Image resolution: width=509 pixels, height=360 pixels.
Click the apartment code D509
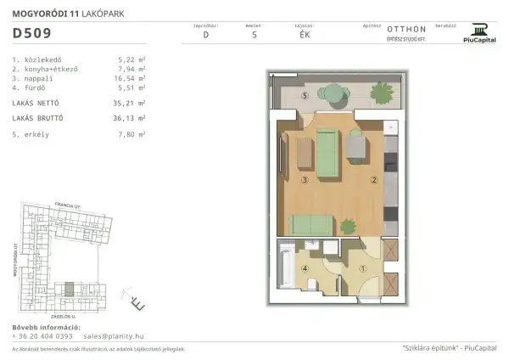[x=31, y=34]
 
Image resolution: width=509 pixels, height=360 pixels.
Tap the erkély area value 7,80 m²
[x=132, y=134]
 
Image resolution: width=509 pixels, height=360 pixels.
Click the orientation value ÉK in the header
[x=304, y=36]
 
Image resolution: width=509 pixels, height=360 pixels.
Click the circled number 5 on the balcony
[x=305, y=96]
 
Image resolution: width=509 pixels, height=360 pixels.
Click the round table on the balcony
[x=333, y=96]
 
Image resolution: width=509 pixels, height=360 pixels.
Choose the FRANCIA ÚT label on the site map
[x=66, y=205]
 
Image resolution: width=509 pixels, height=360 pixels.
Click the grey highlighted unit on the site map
[x=71, y=288]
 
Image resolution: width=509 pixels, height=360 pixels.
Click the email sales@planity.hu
[x=113, y=335]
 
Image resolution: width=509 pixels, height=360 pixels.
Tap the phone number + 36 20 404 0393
[x=42, y=335]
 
